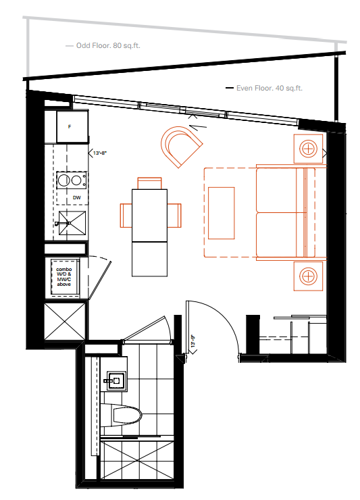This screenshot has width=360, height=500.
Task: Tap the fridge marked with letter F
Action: [71, 126]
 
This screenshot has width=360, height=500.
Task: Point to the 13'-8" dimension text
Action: [100, 153]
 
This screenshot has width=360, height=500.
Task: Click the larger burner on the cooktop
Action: [65, 180]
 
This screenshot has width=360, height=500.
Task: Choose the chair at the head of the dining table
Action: [150, 182]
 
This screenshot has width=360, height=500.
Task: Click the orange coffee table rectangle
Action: [221, 213]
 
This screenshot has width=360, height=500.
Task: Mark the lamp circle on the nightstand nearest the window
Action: [308, 148]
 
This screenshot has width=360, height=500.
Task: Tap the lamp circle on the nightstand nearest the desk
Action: [308, 276]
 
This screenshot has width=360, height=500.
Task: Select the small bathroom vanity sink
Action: [115, 381]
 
